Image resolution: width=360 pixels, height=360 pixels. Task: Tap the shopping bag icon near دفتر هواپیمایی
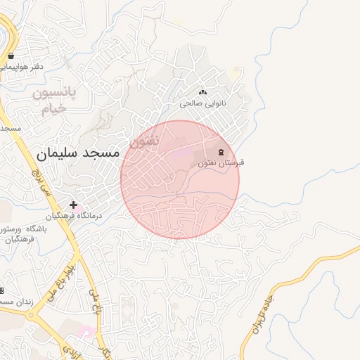coord(11,56)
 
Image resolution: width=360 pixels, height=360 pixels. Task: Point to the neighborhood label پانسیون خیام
coord(58,101)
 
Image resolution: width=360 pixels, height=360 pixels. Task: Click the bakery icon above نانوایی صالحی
coord(204,91)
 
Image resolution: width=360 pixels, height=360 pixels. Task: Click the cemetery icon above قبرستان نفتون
coord(221,152)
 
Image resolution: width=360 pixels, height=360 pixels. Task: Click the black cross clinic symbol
coord(73,205)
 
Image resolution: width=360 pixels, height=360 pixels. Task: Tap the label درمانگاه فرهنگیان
coord(75,216)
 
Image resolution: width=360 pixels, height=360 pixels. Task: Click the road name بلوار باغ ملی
coord(60,286)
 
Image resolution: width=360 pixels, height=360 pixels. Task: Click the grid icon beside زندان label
coord(1,291)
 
